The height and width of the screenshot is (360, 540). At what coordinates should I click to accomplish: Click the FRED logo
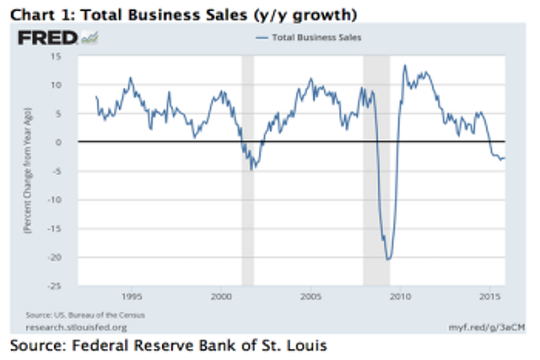point(49,38)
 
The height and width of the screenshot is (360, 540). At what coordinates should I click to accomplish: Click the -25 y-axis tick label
point(55,286)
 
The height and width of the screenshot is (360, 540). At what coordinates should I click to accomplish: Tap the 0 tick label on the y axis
point(60,142)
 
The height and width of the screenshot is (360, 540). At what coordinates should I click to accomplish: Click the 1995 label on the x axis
point(132,297)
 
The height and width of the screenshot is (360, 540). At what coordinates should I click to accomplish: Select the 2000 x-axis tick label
point(221,297)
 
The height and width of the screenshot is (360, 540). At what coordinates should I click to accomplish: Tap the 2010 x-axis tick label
point(400,297)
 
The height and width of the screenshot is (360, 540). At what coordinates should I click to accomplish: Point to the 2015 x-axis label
point(489,297)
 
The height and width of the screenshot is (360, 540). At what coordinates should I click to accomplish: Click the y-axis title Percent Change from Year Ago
point(30,172)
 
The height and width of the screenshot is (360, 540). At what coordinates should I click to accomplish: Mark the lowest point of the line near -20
point(388,259)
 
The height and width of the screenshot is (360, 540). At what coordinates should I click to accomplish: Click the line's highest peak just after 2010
point(404,66)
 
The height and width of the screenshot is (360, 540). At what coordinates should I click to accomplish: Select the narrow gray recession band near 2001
point(248,169)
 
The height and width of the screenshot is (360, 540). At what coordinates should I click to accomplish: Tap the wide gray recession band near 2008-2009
point(376,169)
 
